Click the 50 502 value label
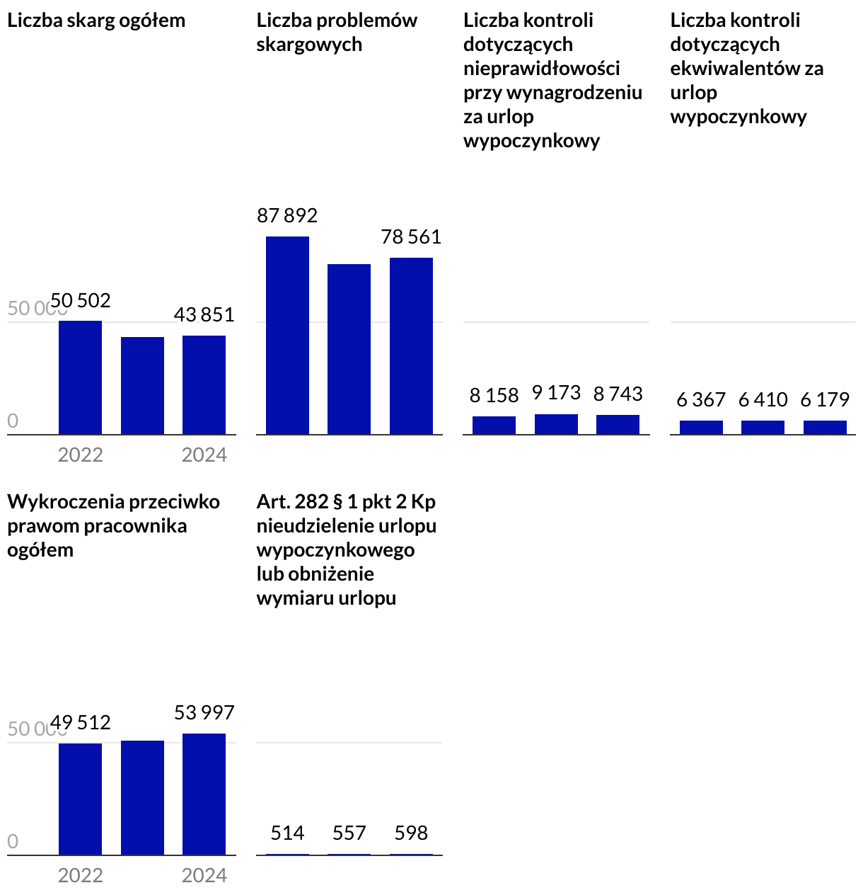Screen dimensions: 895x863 click(81, 300)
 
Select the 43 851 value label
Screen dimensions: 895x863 click(204, 314)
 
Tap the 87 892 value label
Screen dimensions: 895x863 click(287, 215)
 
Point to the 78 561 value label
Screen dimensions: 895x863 click(411, 236)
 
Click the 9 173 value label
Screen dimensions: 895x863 click(556, 392)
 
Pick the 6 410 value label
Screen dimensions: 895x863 click(763, 400)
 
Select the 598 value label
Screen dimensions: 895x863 click(411, 833)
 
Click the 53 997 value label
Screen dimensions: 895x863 click(204, 712)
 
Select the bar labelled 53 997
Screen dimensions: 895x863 click(204, 794)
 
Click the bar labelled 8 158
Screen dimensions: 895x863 click(494, 425)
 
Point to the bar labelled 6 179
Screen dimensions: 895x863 click(825, 427)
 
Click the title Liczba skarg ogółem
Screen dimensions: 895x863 click(96, 21)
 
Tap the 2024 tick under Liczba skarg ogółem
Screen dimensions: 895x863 click(204, 455)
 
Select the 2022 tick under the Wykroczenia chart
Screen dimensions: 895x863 click(80, 875)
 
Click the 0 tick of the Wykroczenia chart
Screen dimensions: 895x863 click(13, 842)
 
